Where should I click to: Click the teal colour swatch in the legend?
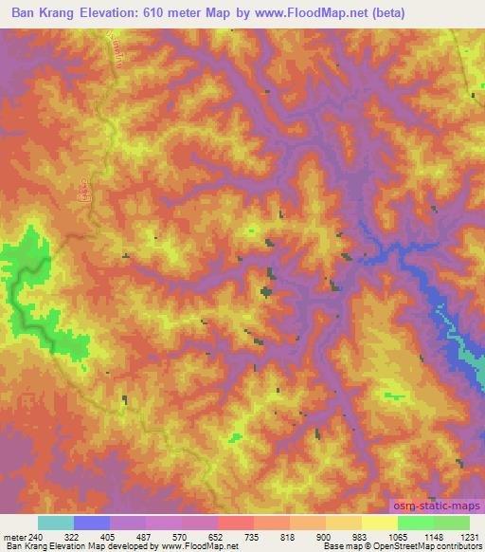click(x=55, y=523)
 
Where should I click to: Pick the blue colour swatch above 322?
click(x=91, y=523)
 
